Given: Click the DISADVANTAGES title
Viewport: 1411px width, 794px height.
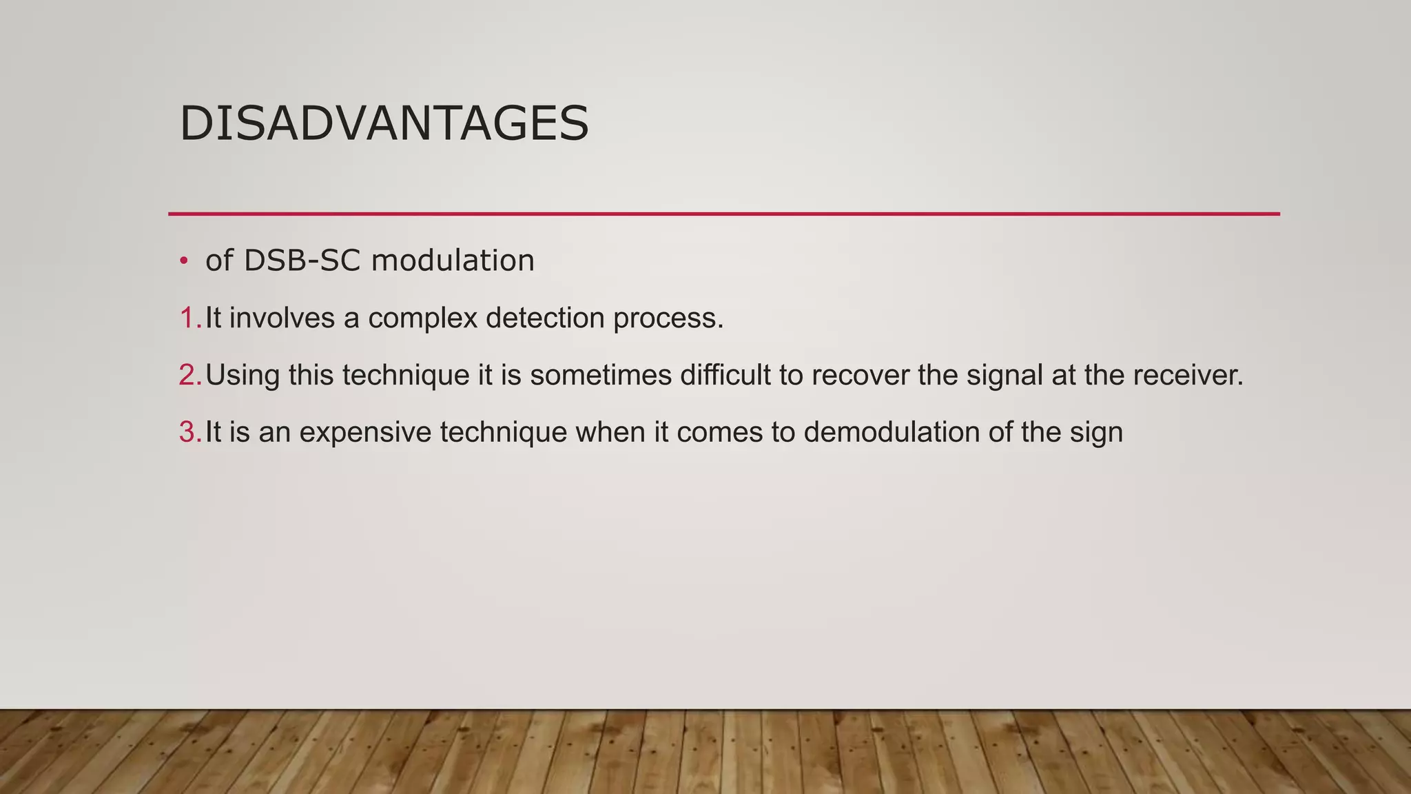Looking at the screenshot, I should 384,124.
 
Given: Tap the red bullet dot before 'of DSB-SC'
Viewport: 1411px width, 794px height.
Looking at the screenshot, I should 183,261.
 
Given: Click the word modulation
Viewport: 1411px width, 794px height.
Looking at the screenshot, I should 453,261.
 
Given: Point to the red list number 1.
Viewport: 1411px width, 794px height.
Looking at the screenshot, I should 187,318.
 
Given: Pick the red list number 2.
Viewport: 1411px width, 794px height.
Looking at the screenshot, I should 187,376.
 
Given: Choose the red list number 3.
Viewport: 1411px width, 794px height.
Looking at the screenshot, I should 187,433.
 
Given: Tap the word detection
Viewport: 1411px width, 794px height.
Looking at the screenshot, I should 545,318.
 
